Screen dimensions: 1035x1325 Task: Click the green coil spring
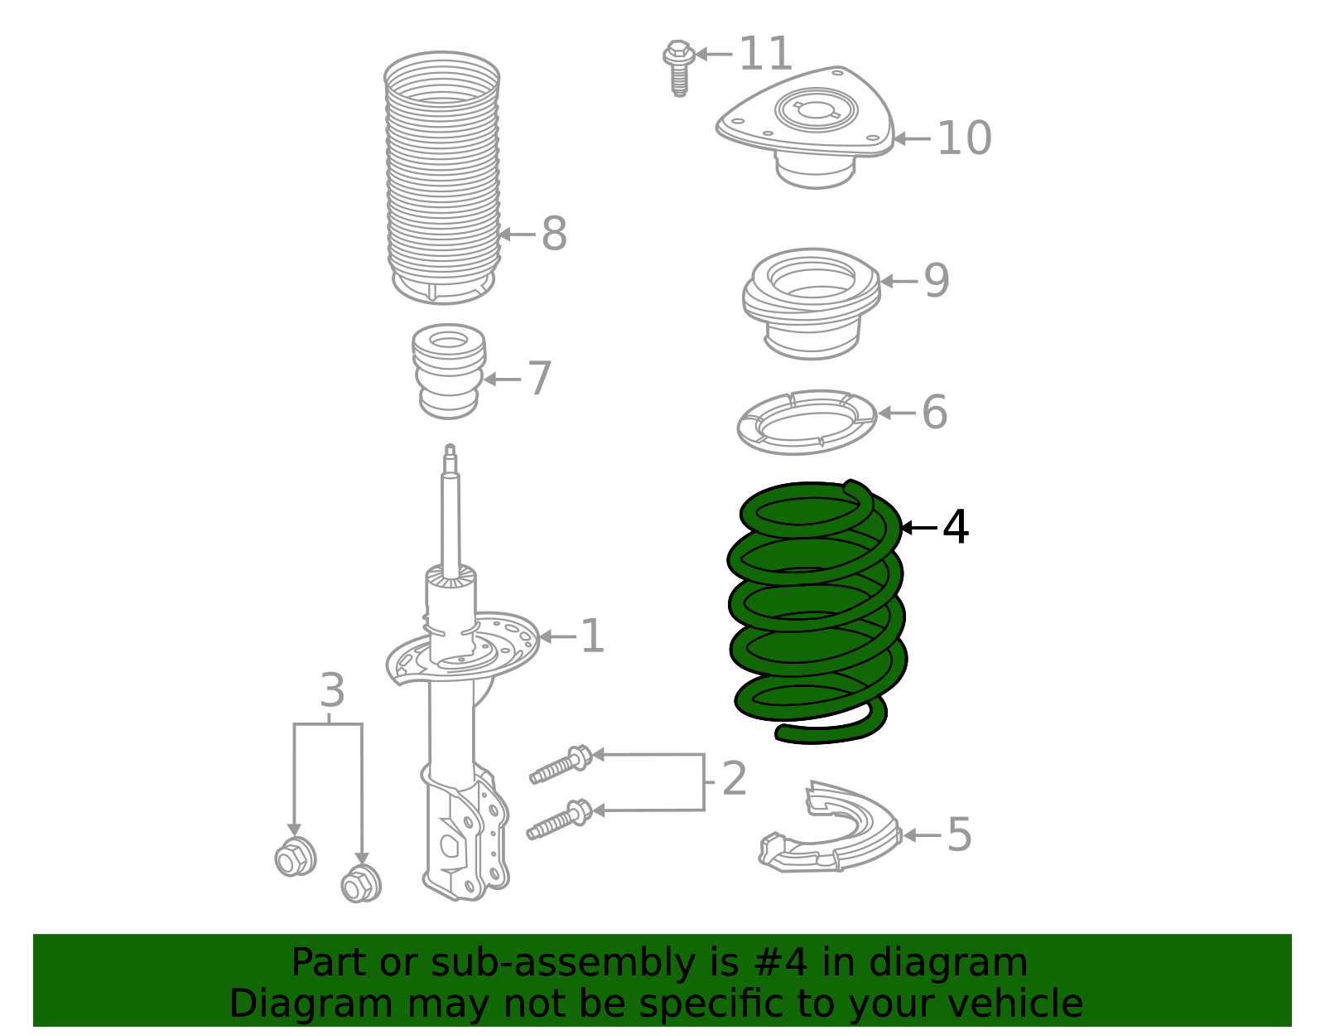pyautogui.click(x=816, y=613)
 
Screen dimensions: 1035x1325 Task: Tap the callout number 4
pyautogui.click(x=956, y=527)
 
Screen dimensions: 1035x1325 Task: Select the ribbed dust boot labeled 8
pyautogui.click(x=442, y=178)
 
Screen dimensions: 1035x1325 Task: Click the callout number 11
pyautogui.click(x=765, y=55)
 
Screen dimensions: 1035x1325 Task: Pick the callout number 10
pyautogui.click(x=964, y=138)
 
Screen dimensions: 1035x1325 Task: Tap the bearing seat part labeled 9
pyautogui.click(x=812, y=302)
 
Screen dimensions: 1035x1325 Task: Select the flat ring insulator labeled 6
pyautogui.click(x=807, y=422)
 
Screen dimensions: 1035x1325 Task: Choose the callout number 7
pyautogui.click(x=539, y=379)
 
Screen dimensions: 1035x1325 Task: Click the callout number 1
pyautogui.click(x=592, y=636)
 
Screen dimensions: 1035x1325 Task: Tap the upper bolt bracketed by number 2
pyautogui.click(x=561, y=765)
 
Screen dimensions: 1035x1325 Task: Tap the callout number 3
pyautogui.click(x=332, y=690)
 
